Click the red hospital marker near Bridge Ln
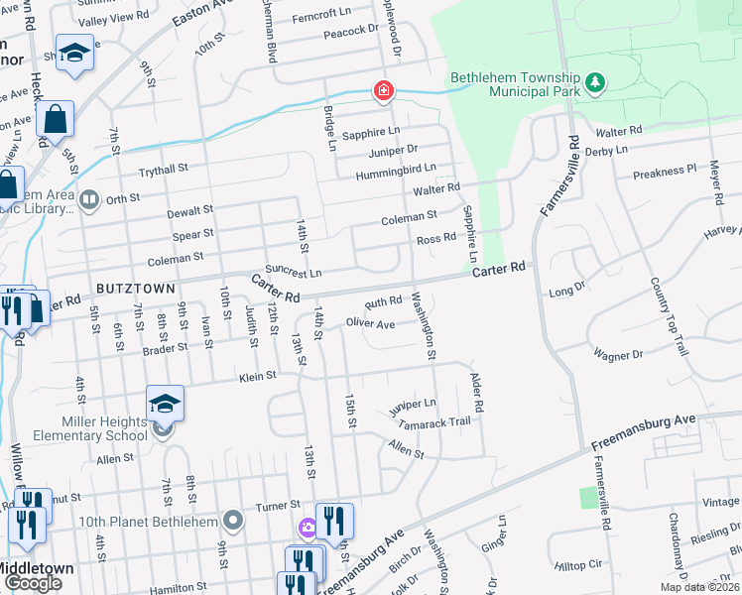383,92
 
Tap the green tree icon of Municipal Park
595,82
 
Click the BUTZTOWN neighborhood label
136,288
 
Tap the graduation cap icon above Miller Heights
165,404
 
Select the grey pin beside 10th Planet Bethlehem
233,520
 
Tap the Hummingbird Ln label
396,171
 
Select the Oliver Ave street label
370,323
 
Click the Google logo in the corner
33,583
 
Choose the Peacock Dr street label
352,30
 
